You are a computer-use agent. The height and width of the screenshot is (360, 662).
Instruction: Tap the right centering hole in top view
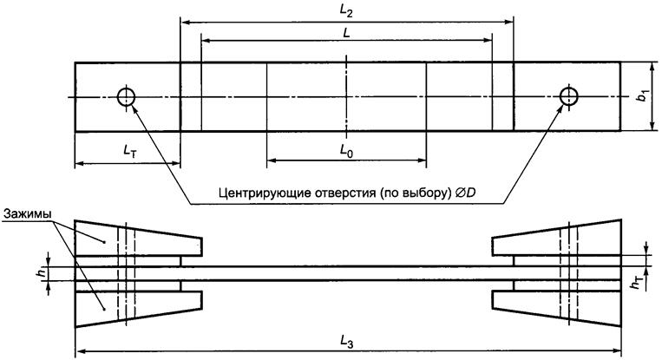(x=568, y=95)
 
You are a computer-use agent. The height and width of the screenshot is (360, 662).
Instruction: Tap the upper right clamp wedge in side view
(x=560, y=239)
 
